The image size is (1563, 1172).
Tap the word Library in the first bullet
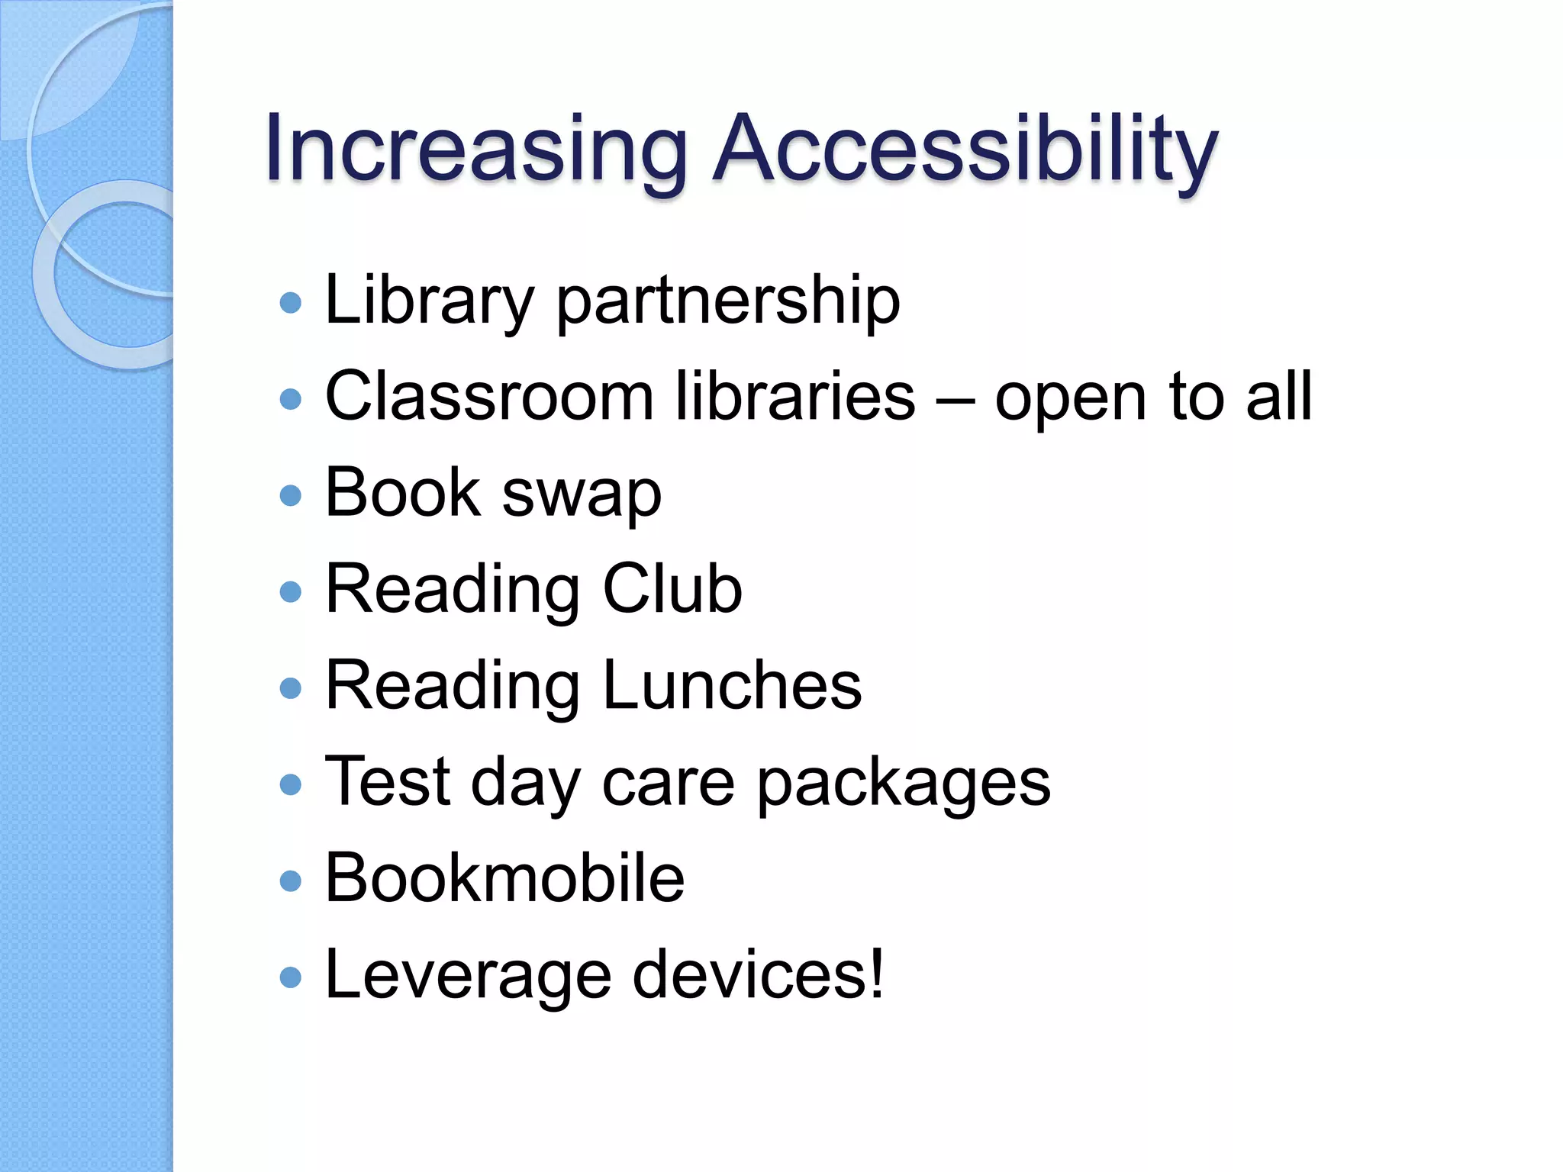coord(428,301)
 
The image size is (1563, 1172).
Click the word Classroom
coord(489,397)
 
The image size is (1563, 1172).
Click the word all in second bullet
coord(1279,397)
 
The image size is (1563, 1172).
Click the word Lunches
coord(732,685)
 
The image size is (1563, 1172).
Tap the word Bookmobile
coord(504,878)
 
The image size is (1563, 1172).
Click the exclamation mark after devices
coord(876,973)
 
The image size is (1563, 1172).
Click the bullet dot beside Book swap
coord(291,496)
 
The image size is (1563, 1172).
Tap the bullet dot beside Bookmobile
coord(291,881)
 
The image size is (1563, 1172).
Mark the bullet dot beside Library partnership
coord(291,303)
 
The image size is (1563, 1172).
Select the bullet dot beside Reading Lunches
coord(291,688)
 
